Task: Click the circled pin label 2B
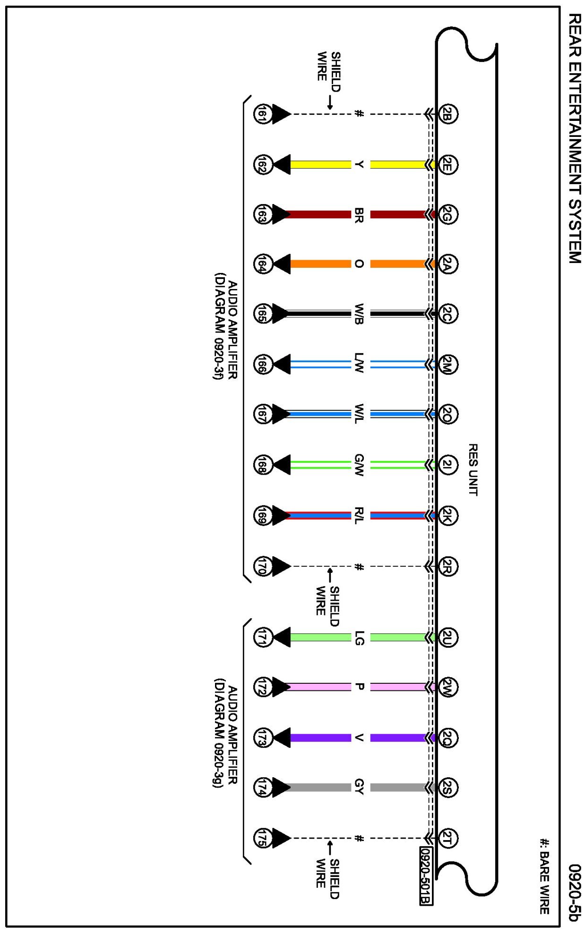[447, 114]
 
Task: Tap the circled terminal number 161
[262, 114]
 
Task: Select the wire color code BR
[359, 215]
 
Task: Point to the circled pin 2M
[447, 365]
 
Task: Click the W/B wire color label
[359, 314]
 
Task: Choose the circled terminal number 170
[262, 566]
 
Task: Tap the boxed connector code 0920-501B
[426, 876]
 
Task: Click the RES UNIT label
[473, 469]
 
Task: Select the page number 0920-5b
[574, 892]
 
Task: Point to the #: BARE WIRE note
[545, 876]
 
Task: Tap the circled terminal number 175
[262, 838]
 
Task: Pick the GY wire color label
[359, 786]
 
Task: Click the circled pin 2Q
[447, 737]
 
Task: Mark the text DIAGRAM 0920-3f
[218, 326]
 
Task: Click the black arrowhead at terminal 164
[282, 264]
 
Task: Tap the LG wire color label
[359, 637]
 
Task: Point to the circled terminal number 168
[262, 465]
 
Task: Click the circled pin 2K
[447, 516]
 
